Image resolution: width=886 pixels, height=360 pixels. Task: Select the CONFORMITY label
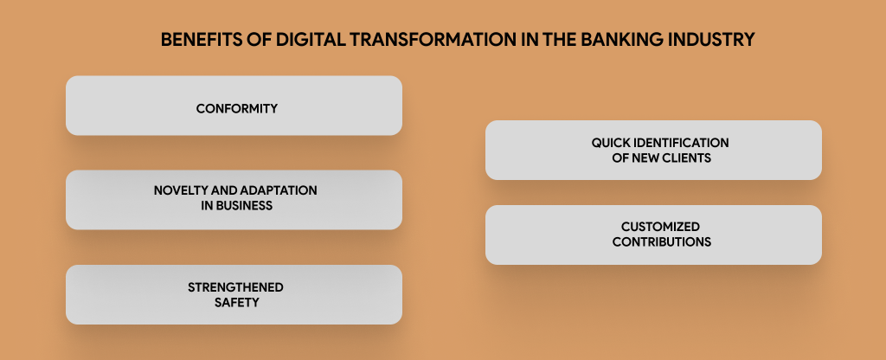[234, 109]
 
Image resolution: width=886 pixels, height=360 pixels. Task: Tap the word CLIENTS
[683, 157]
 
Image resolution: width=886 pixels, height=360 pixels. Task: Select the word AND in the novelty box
[222, 190]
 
